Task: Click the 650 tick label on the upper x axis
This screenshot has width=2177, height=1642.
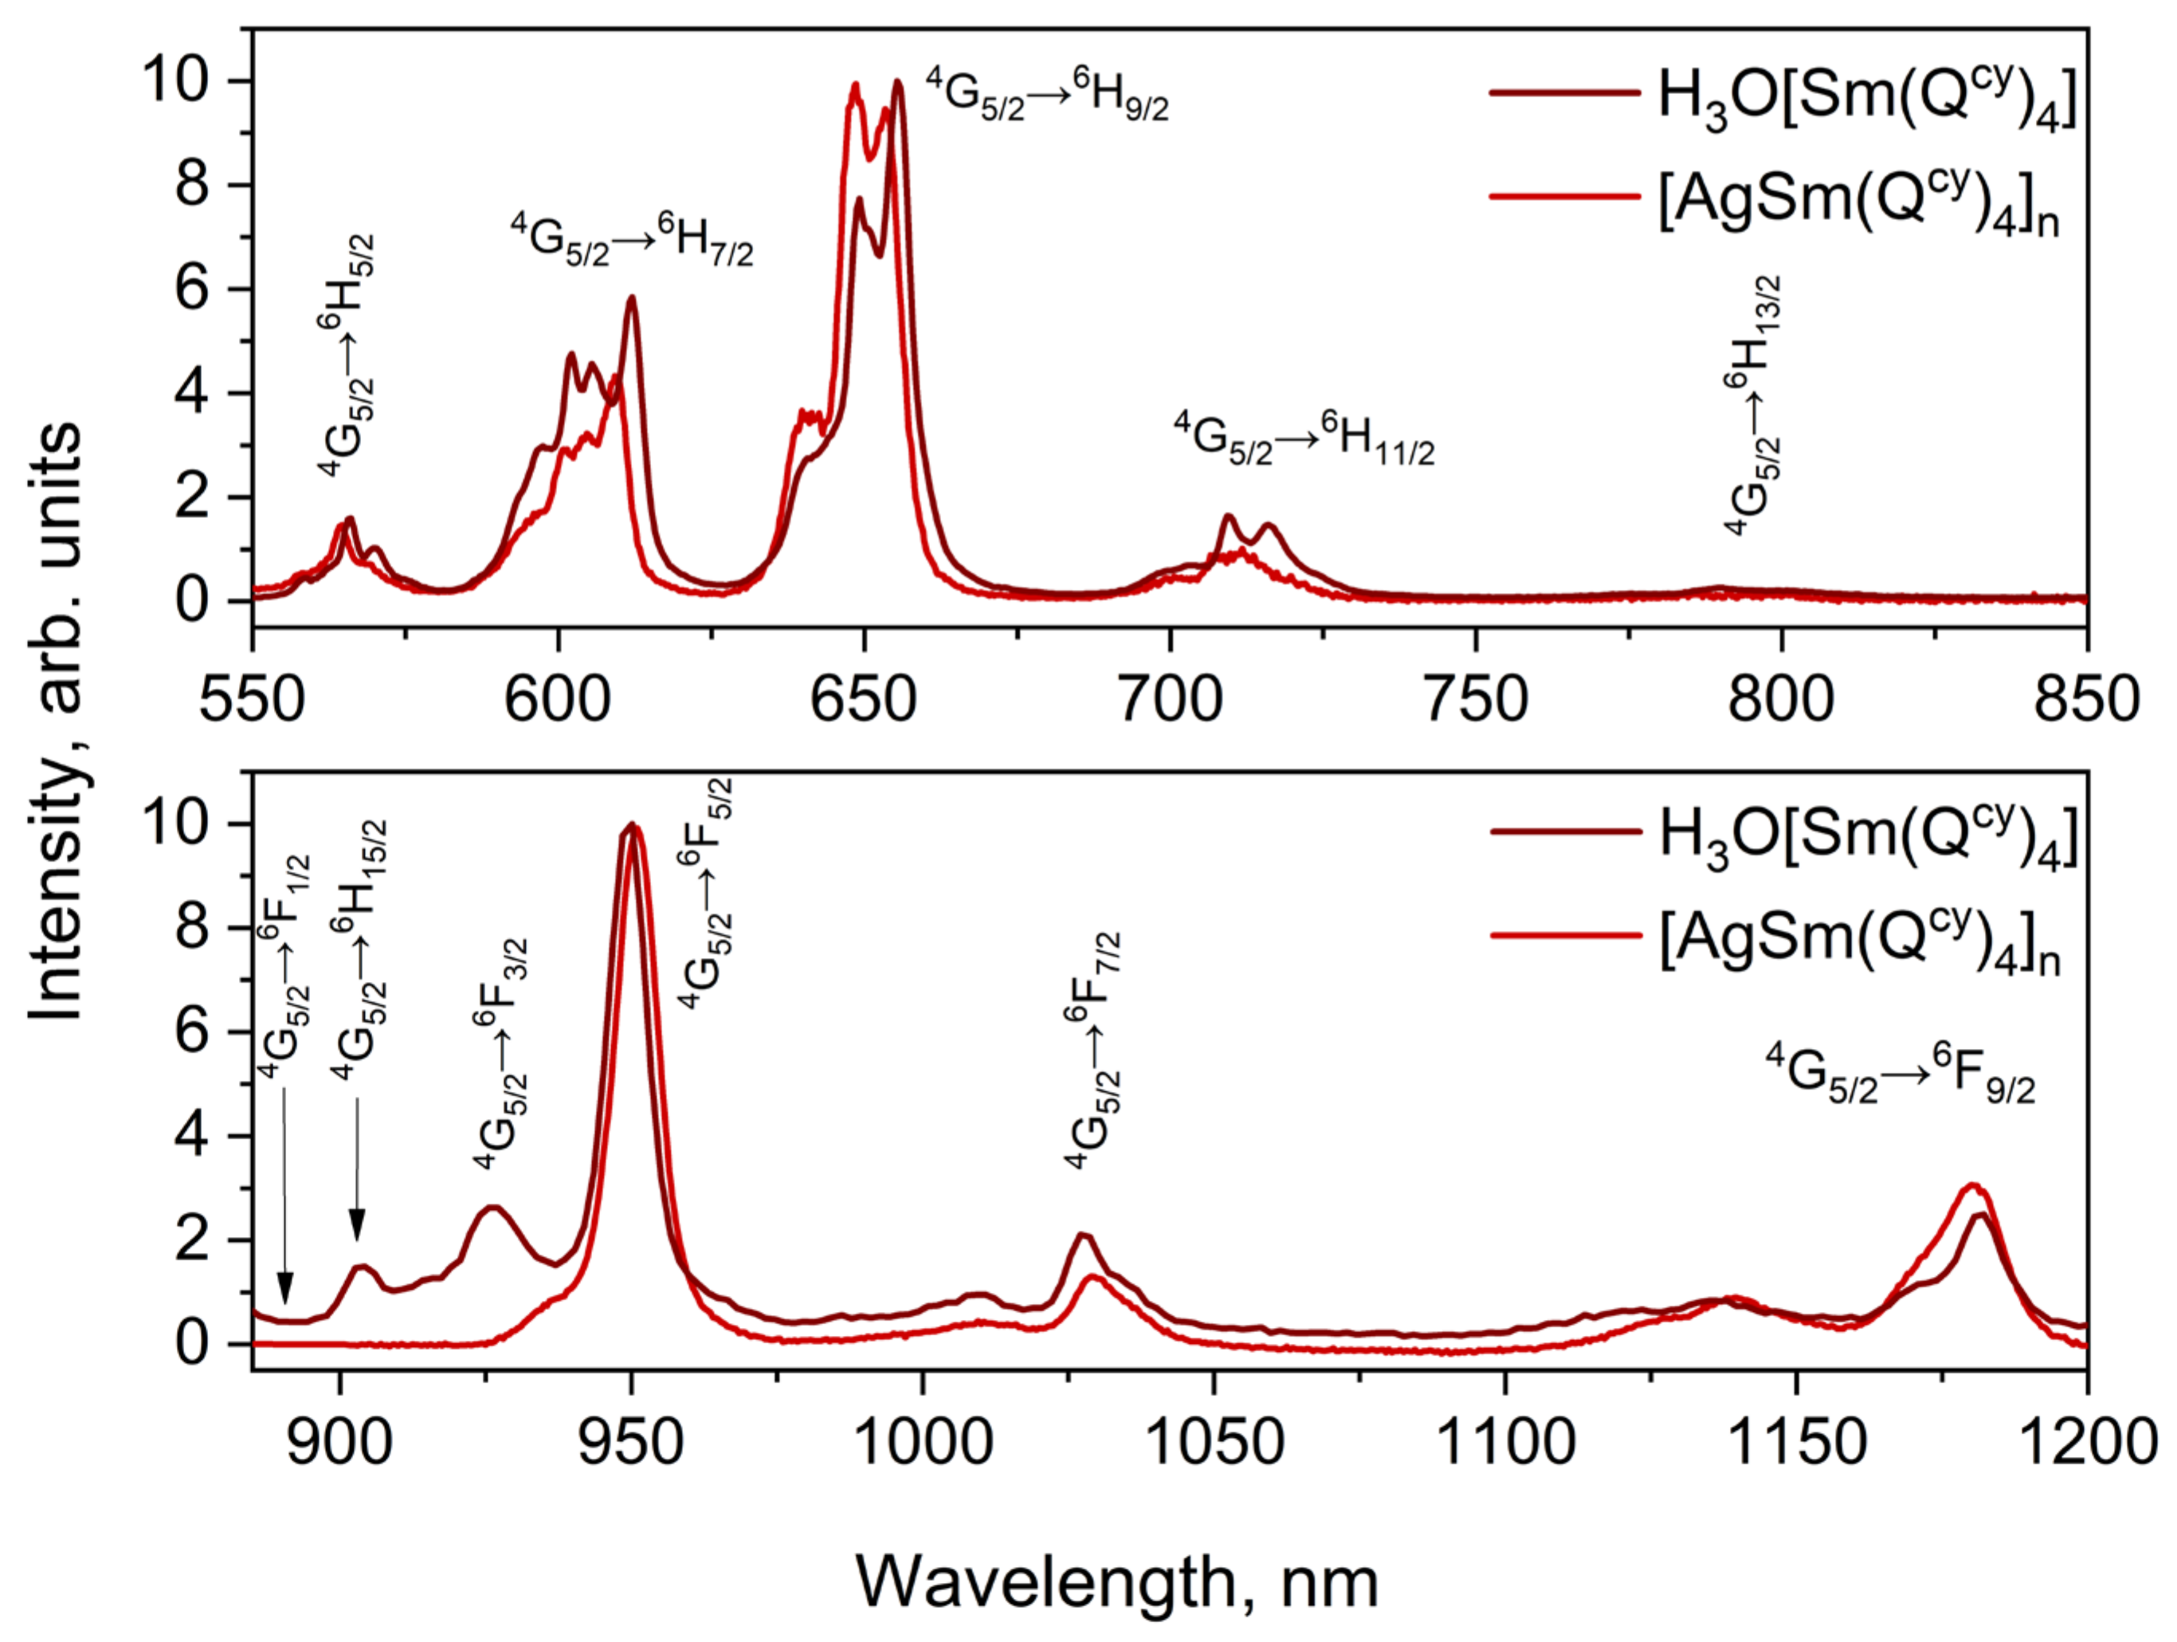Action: pos(863,700)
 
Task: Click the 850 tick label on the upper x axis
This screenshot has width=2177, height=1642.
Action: pos(2086,700)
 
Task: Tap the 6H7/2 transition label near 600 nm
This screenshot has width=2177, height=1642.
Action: pos(632,242)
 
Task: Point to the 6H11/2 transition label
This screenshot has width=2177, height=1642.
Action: pos(1304,439)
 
